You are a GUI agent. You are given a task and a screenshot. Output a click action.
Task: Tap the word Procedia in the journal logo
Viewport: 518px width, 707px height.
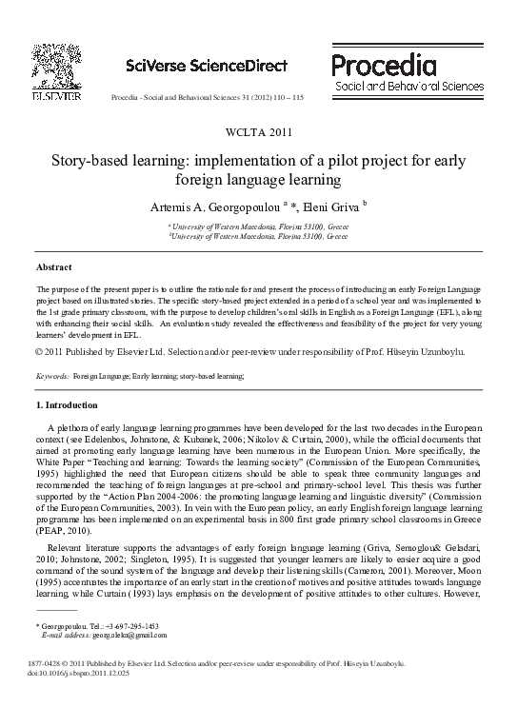tap(384, 65)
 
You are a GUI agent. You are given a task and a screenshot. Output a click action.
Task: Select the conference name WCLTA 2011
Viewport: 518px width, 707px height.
tap(258, 132)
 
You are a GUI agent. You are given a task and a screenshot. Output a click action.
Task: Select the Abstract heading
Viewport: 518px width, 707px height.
tap(54, 267)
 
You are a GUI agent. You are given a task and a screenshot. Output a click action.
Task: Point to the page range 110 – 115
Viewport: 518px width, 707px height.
tap(286, 98)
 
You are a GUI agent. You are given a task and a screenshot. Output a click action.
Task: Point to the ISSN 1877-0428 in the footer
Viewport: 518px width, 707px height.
tap(53, 687)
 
